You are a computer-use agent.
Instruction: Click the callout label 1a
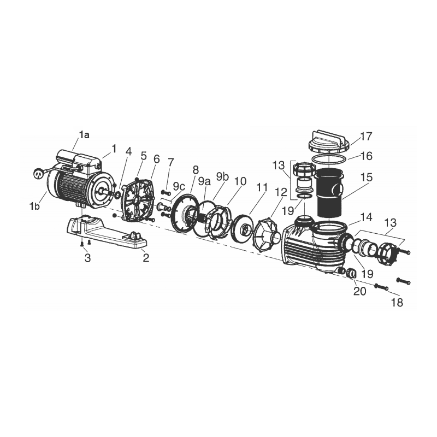(84, 135)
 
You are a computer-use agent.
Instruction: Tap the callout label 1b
(34, 206)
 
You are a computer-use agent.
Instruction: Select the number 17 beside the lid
(366, 137)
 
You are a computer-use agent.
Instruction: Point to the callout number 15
(367, 177)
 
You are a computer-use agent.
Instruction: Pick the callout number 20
(359, 291)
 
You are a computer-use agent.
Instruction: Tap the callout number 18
(397, 303)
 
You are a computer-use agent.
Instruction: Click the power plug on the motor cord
(38, 174)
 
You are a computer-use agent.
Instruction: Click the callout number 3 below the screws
(87, 258)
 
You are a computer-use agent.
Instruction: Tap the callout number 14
(366, 217)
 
